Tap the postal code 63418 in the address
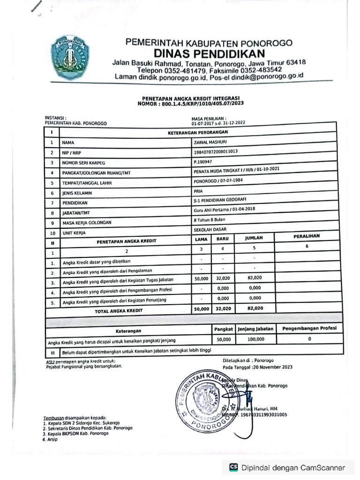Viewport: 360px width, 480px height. [x=296, y=62]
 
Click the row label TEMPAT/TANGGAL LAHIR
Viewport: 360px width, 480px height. [x=89, y=183]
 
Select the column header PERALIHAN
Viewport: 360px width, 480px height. [x=307, y=236]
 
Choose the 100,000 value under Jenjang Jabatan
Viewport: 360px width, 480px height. [x=255, y=339]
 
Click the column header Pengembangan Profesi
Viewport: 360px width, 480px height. [x=310, y=328]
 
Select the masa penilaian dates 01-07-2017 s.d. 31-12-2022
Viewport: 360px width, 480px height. [x=218, y=123]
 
